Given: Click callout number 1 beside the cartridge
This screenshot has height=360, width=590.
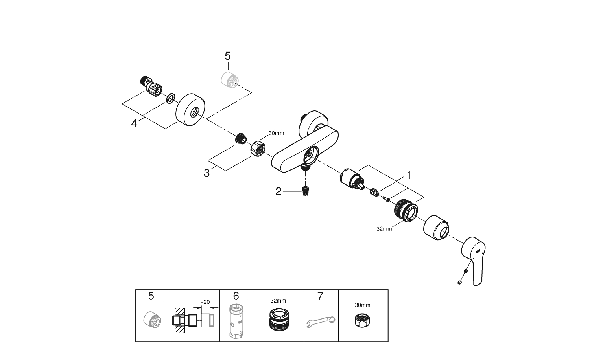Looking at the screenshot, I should click(x=409, y=175).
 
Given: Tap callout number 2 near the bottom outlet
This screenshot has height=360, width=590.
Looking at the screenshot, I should click(x=278, y=192).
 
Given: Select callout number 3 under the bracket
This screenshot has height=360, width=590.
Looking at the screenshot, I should click(x=207, y=173).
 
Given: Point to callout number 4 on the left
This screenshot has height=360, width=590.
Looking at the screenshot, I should click(x=134, y=124).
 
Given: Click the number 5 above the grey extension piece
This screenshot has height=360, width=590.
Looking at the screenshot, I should click(x=228, y=56).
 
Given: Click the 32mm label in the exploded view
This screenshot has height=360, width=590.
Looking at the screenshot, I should click(x=384, y=229).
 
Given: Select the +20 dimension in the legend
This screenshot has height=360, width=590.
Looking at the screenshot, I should click(x=205, y=302).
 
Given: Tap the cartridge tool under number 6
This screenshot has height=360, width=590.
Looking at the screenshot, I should click(x=236, y=321).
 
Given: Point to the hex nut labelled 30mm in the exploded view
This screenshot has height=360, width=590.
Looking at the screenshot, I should click(x=258, y=148).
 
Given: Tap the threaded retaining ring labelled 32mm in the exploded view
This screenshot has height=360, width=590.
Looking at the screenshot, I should click(x=405, y=211).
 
